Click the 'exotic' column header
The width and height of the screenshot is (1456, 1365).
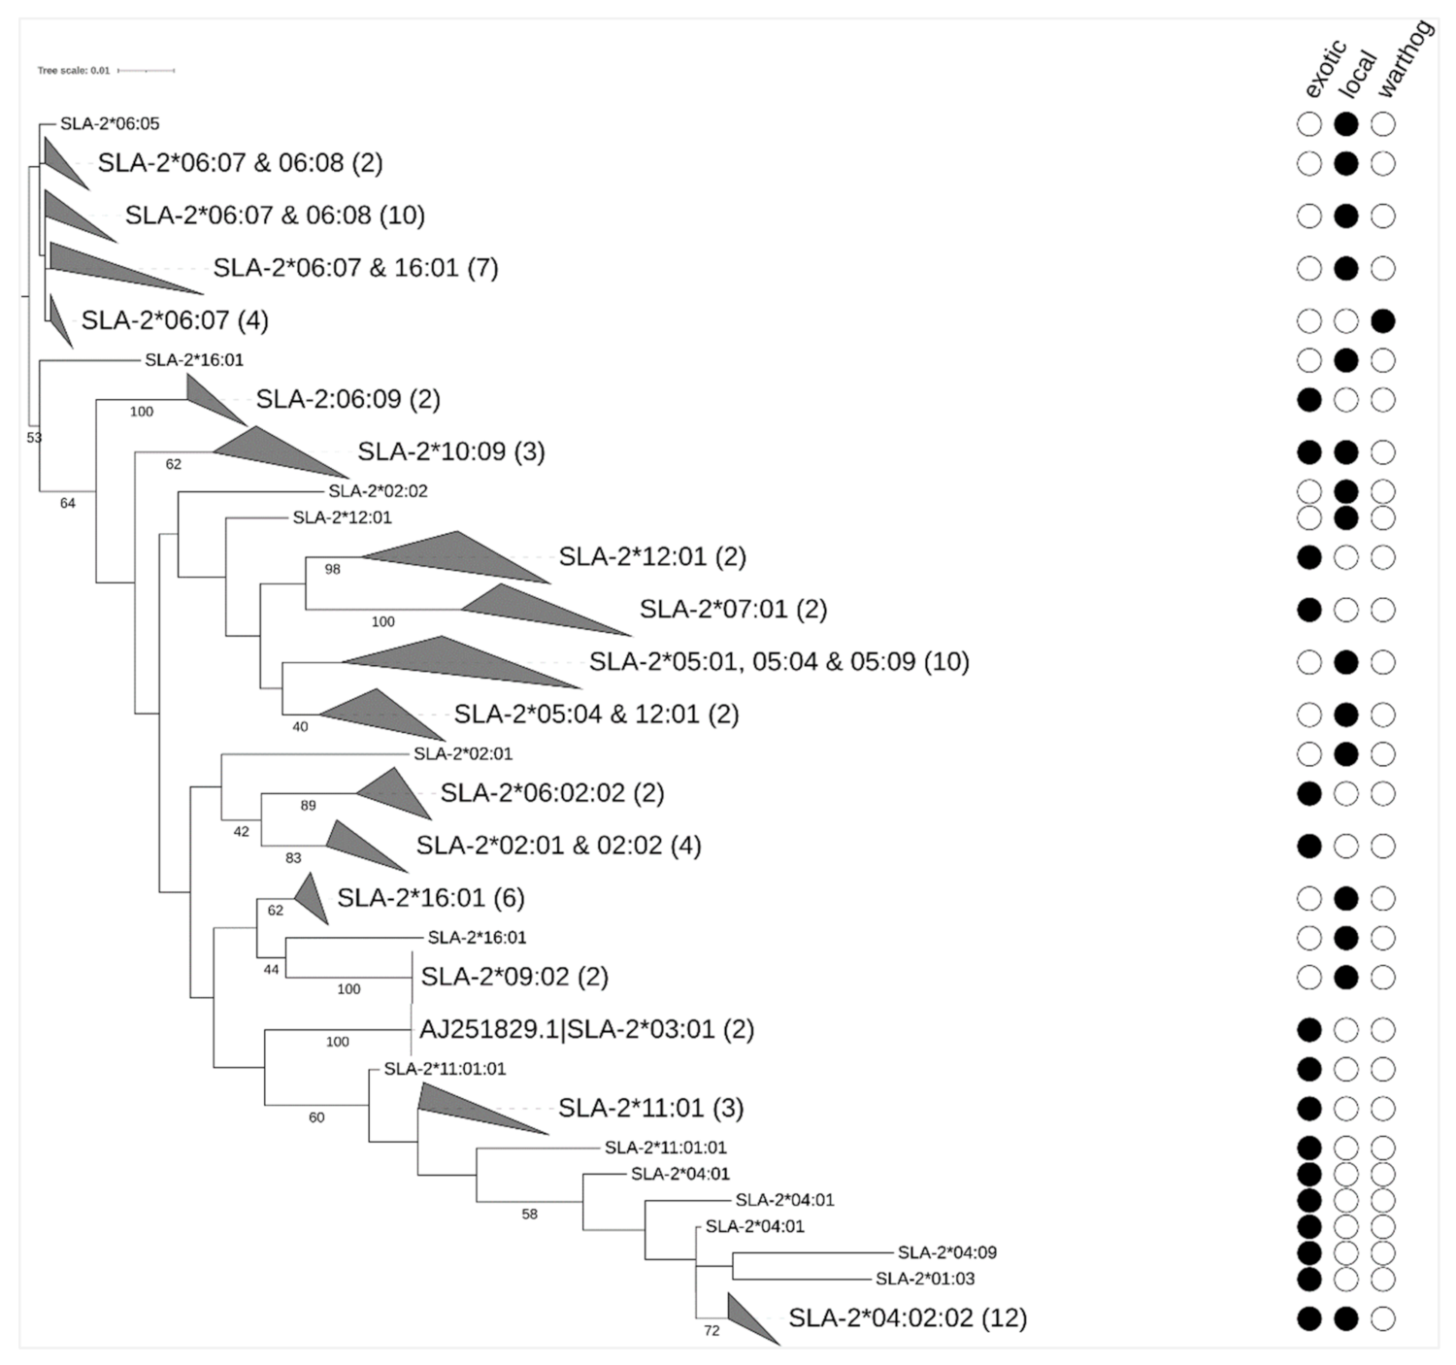point(1325,69)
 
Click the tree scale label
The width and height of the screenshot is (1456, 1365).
point(74,71)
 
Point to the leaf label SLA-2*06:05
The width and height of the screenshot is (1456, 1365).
point(110,123)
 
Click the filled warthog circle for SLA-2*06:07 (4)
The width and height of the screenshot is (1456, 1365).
point(1382,320)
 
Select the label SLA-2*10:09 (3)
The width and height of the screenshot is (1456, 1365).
point(451,451)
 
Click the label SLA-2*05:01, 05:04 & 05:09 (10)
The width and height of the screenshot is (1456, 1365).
point(779,662)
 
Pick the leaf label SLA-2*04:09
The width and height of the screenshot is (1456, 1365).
point(946,1252)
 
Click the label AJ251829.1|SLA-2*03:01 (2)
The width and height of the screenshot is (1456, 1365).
point(586,1029)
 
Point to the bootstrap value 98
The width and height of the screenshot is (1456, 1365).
point(332,569)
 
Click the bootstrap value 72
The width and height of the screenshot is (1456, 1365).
point(711,1330)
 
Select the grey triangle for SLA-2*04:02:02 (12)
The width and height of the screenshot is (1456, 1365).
point(750,1317)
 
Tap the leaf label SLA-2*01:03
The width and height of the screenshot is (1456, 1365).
point(925,1279)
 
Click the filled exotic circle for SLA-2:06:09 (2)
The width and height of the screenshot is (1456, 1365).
point(1309,399)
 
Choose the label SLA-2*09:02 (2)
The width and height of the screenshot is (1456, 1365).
point(514,977)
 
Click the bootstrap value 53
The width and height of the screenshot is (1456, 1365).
point(34,438)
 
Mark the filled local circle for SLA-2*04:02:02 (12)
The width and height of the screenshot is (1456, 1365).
point(1345,1317)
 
